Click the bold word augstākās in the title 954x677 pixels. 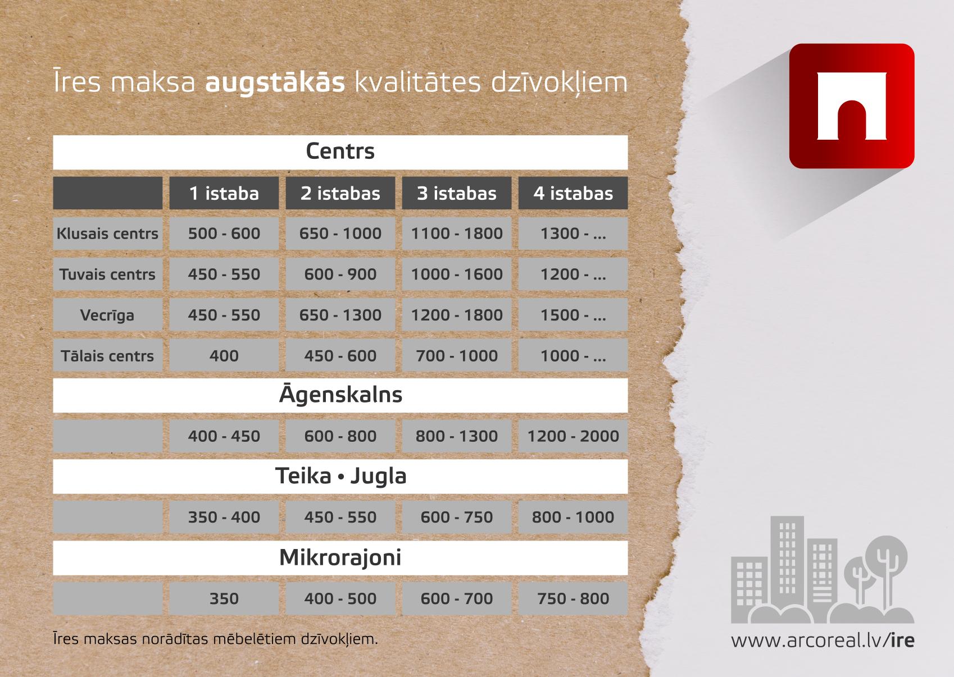tap(275, 83)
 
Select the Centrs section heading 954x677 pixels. tap(340, 152)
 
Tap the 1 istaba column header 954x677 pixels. tap(224, 193)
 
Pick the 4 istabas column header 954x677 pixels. tap(573, 193)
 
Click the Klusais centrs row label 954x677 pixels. tap(107, 234)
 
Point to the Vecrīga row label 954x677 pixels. tap(107, 315)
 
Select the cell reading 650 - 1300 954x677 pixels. tap(340, 315)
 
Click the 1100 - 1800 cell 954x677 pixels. tap(457, 234)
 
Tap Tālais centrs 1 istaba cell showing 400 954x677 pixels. tap(224, 356)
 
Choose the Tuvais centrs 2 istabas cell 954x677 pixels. tap(340, 275)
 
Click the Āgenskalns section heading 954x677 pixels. tap(340, 395)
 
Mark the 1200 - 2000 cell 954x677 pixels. tap(573, 436)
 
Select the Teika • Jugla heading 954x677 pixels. tap(340, 476)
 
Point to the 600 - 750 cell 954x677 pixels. tap(457, 518)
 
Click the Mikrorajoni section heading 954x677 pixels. tap(340, 558)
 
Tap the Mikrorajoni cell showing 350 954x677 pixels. tap(224, 599)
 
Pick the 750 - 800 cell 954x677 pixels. tap(573, 599)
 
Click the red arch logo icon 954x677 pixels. tap(852, 106)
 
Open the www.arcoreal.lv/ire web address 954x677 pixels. tap(823, 641)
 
